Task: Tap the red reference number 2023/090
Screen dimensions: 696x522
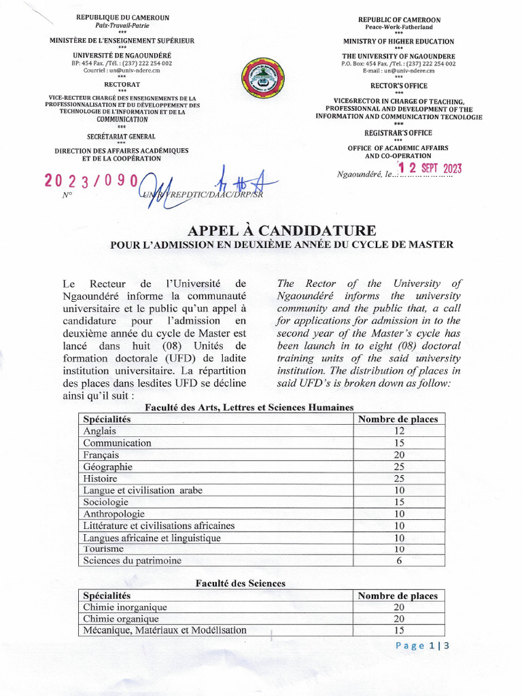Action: (x=92, y=181)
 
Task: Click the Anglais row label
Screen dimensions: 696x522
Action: (x=100, y=431)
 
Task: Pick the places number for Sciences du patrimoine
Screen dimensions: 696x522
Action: (x=399, y=561)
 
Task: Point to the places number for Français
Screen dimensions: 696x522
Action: (x=399, y=455)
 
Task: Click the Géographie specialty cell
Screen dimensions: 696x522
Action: (x=107, y=467)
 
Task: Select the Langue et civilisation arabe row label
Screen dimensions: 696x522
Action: (x=143, y=490)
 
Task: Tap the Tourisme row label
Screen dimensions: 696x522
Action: (x=103, y=549)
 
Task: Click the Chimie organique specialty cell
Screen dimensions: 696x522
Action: (x=121, y=619)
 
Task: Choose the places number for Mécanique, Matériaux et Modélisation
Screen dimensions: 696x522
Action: (x=399, y=631)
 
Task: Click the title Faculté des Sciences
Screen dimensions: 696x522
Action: (x=241, y=583)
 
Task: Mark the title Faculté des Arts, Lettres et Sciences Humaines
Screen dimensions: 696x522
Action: (x=250, y=407)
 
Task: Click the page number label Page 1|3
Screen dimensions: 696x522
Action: (x=422, y=646)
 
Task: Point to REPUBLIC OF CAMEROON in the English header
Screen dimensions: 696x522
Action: (x=399, y=20)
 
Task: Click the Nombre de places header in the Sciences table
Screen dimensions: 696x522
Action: (x=398, y=596)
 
